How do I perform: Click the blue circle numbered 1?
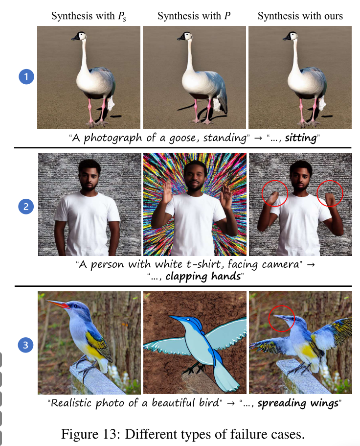click(x=26, y=77)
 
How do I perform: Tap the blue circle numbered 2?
click(x=26, y=207)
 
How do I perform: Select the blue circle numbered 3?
click(x=26, y=345)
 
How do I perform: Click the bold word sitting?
click(x=301, y=138)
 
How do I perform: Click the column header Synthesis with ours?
click(x=300, y=16)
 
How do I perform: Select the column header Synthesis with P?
click(x=194, y=16)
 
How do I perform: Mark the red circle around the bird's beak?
click(x=282, y=318)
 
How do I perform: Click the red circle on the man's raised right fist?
click(x=274, y=193)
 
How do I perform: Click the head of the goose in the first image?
click(x=78, y=36)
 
